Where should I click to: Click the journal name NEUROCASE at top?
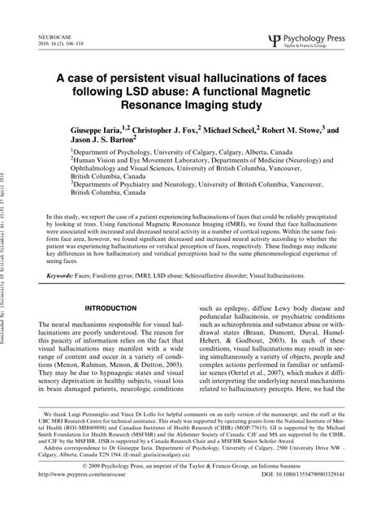55,37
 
